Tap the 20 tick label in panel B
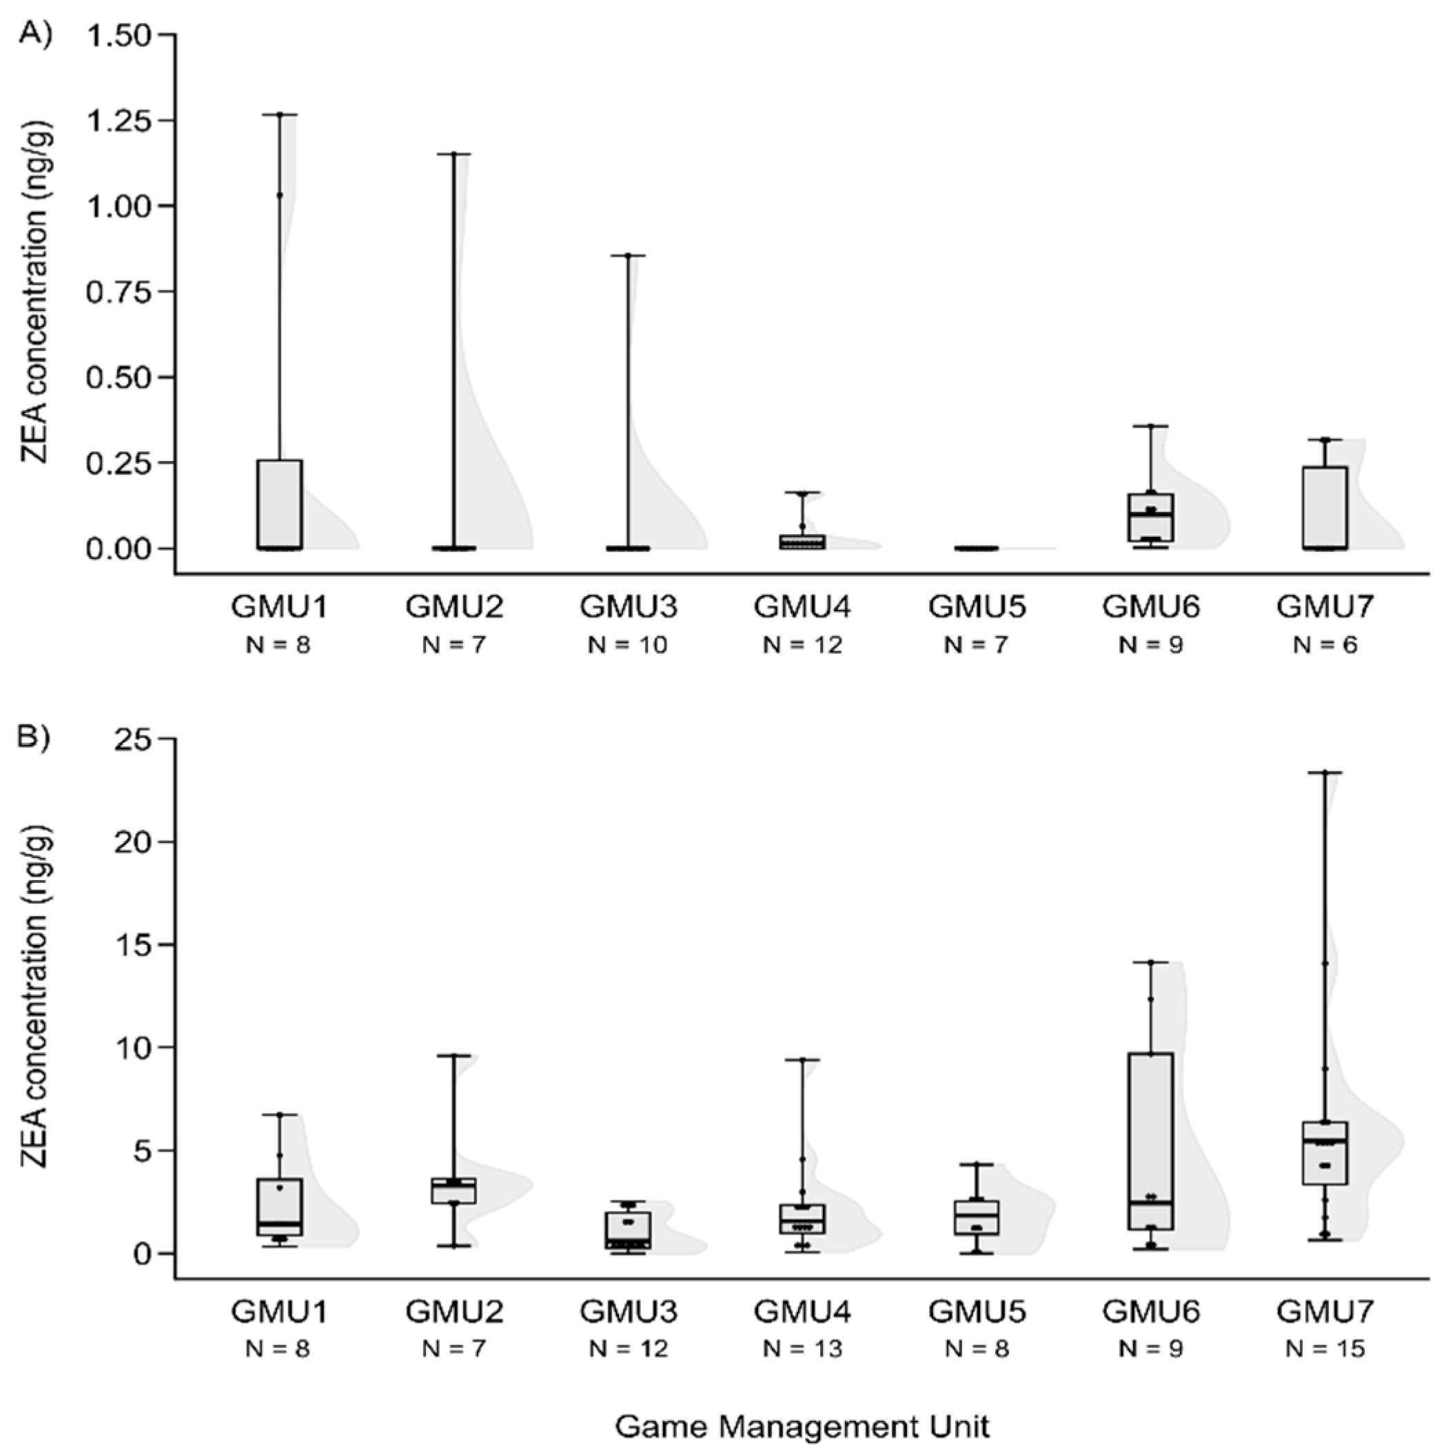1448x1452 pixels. click(134, 841)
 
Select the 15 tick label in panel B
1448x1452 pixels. click(134, 945)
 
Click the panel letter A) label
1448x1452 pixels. click(35, 34)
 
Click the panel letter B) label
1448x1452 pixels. click(35, 737)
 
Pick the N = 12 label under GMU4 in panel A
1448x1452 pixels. click(802, 645)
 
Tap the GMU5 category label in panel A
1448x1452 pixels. click(977, 606)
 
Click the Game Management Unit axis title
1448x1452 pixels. click(802, 1425)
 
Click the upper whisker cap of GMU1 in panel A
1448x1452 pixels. click(280, 115)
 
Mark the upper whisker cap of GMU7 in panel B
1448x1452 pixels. click(1325, 772)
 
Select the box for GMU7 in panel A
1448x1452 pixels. click(1325, 507)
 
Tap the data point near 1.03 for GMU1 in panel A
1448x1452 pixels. click(280, 196)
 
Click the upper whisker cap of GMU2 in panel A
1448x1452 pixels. click(454, 154)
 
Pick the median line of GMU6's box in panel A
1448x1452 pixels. click(1151, 515)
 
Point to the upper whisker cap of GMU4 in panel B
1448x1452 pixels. click(802, 1060)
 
